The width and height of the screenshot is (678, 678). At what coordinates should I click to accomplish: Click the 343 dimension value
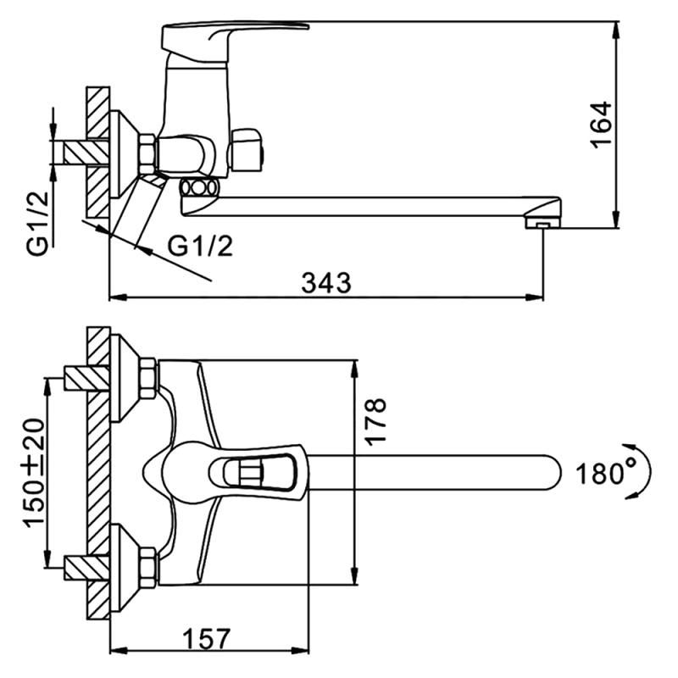click(x=326, y=283)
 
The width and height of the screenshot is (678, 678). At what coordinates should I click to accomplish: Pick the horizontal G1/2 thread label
click(x=200, y=246)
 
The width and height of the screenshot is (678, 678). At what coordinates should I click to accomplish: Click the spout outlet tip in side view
click(x=540, y=222)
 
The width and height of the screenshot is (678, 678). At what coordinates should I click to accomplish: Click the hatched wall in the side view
click(x=98, y=153)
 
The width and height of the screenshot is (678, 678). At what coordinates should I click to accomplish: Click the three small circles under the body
click(x=201, y=188)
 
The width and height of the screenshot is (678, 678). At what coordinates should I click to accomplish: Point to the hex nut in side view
click(x=147, y=153)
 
